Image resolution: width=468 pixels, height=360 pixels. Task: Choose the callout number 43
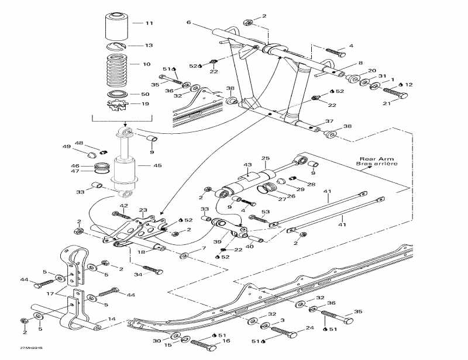point(247,165)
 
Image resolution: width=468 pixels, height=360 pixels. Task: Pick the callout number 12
point(409,85)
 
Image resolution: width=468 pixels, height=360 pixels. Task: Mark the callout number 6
point(188,22)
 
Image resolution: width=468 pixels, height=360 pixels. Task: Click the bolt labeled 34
point(151,270)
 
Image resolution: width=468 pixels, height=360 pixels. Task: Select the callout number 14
point(112,320)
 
